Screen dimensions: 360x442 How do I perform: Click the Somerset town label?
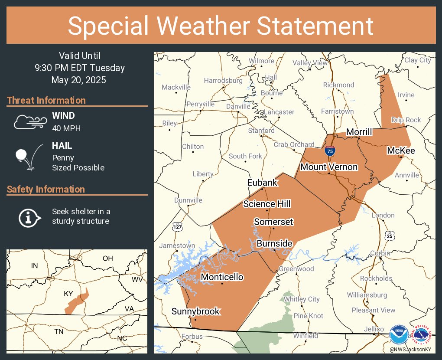pos(273,222)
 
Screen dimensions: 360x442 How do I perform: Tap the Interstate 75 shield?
pos(330,151)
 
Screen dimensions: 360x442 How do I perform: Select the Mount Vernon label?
pos(329,167)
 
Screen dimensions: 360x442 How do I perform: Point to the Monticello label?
pos(222,277)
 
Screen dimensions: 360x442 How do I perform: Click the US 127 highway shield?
pos(180,226)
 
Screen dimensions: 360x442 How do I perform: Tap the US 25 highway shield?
pos(390,236)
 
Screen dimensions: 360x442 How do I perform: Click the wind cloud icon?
pos(29,122)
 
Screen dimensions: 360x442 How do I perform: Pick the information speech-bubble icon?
pos(29,217)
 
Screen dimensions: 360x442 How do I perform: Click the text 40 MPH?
pos(66,128)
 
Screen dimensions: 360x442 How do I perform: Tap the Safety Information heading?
pos(46,190)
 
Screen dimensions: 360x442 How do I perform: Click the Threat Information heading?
pos(46,101)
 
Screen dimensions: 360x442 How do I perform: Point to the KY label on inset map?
pos(68,294)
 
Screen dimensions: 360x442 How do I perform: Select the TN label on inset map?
pos(58,332)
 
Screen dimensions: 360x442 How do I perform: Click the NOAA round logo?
pos(399,335)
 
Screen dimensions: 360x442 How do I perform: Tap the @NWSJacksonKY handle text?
pos(410,350)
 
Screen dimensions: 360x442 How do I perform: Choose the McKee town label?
pos(401,151)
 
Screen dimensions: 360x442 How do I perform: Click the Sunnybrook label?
pos(196,311)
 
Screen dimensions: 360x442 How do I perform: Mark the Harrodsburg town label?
pos(223,81)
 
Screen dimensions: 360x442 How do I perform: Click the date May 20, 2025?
pos(78,80)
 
